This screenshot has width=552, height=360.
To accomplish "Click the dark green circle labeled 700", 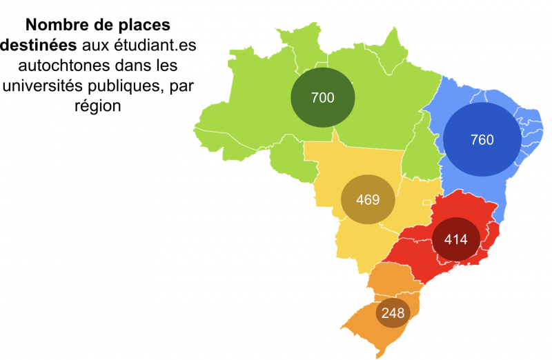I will (323, 97).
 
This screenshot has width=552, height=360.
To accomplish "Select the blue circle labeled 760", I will (482, 140).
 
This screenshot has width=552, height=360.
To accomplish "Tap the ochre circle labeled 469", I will (368, 200).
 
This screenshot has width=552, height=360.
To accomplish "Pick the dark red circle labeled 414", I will (456, 239).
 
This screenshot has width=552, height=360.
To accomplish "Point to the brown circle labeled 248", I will (393, 313).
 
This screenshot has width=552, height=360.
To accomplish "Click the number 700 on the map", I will (323, 98).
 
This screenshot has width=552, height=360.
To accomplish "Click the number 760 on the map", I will (482, 140).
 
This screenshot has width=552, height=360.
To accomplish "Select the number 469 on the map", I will (368, 200).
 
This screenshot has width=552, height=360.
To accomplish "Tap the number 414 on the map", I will (456, 240).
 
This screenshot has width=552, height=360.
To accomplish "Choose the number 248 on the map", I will (393, 313).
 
